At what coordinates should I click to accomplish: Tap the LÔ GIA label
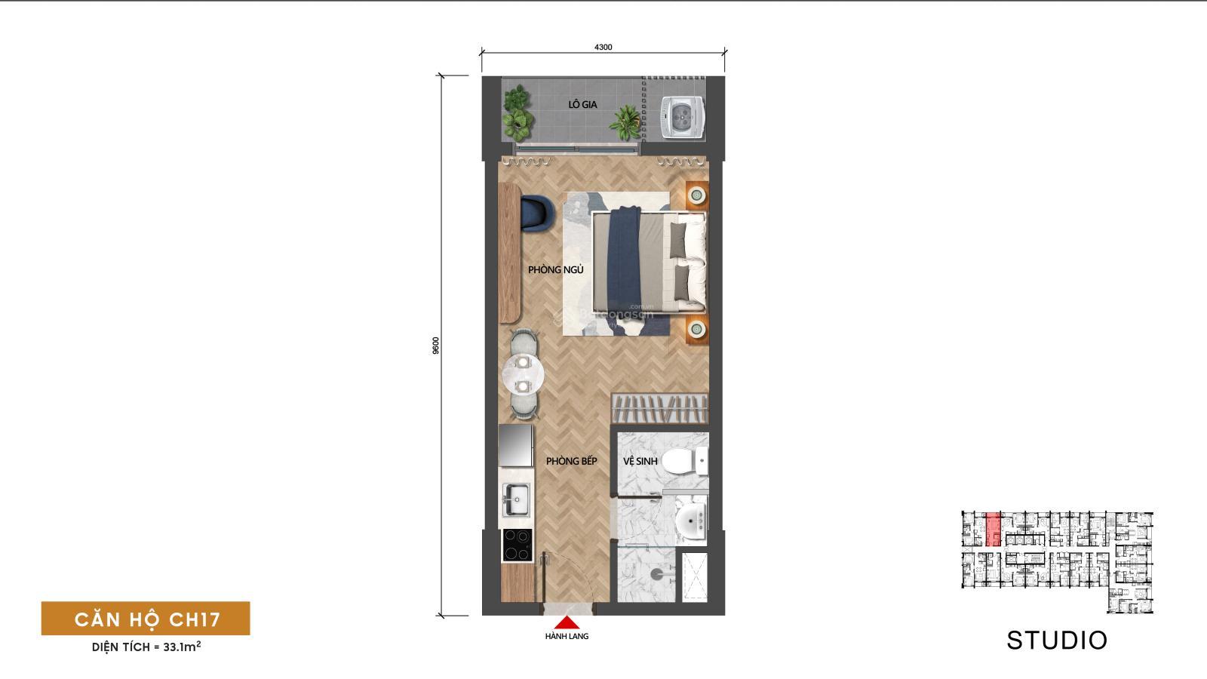point(582,105)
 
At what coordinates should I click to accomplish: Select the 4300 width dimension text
point(603,47)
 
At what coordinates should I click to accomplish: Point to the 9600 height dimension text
point(435,346)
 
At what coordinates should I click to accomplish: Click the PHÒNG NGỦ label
point(555,269)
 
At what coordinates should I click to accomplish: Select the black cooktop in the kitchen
point(517,545)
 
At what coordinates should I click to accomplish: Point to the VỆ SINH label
point(640,460)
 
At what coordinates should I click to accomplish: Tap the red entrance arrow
point(567,622)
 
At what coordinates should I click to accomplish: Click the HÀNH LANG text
point(567,637)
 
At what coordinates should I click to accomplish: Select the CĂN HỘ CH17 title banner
point(146,619)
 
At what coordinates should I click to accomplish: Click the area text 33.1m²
point(181,647)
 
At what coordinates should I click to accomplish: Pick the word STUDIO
point(1057,641)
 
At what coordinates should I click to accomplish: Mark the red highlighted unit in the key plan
point(994,529)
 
